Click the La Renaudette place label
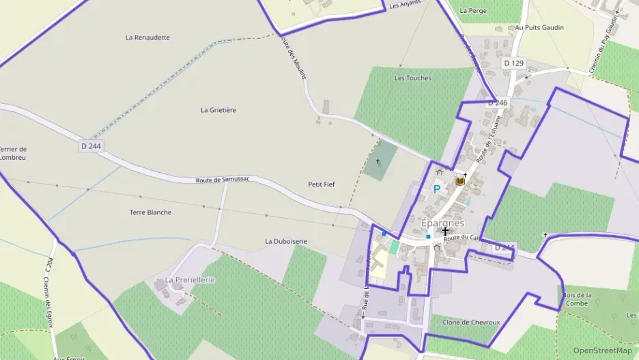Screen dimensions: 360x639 pos(147,38)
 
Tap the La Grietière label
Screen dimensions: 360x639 pos(218,109)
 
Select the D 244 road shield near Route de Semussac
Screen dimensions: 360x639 pos(89,146)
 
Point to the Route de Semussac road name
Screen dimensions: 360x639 pos(223,180)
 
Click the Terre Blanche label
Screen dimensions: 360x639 pos(150,212)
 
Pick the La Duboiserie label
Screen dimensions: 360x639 pos(286,241)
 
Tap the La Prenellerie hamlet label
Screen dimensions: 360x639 pos(190,280)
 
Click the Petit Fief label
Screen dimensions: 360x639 pos(322,184)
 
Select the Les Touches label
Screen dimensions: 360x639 pos(413,78)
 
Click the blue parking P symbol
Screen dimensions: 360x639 pos(437,189)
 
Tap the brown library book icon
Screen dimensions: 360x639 pos(459,182)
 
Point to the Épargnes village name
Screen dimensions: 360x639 pos(442,223)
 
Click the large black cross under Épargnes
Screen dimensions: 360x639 pos(445,232)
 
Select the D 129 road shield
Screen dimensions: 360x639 pos(513,63)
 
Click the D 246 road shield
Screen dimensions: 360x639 pos(498,102)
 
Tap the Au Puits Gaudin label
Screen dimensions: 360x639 pos(539,28)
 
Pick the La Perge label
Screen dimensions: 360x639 pos(473,11)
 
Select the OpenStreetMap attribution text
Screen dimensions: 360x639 pos(602,350)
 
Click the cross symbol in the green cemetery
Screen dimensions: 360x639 pos(378,162)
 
